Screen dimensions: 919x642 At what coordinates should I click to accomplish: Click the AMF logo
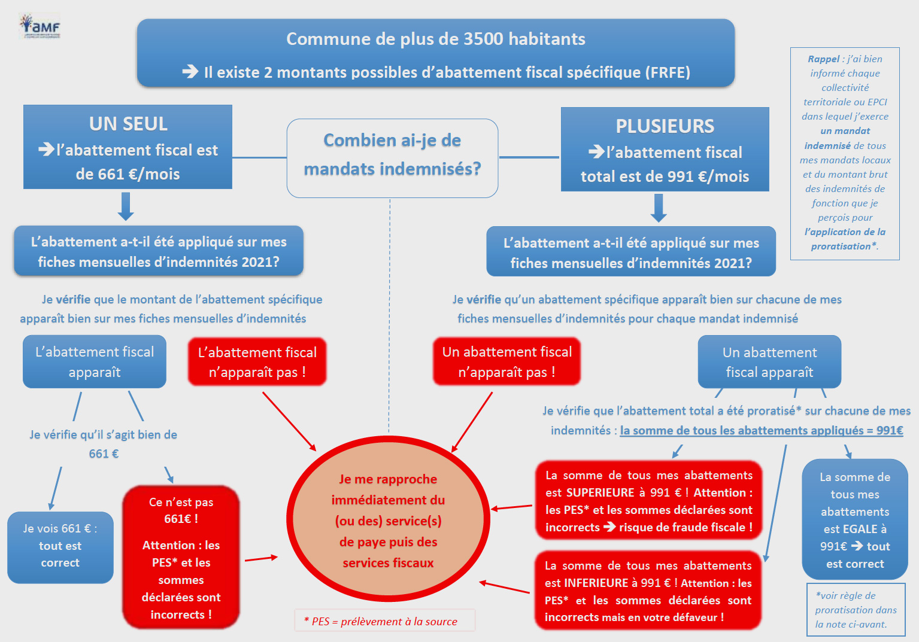[x=40, y=25]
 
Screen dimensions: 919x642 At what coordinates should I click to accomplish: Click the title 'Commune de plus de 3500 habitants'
[x=436, y=39]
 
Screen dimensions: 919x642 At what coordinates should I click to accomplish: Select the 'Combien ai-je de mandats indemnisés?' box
[x=392, y=158]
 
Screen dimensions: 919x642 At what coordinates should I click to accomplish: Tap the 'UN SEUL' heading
[x=128, y=123]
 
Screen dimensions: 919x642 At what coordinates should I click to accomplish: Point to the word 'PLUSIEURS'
[x=665, y=126]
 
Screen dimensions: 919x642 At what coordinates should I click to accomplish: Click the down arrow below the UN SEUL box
[x=126, y=206]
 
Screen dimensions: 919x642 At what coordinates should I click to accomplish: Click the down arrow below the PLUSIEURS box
[x=659, y=208]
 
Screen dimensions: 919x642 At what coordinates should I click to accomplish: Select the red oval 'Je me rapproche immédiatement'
[x=388, y=519]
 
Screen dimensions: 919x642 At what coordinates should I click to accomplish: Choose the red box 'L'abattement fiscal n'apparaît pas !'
[x=257, y=361]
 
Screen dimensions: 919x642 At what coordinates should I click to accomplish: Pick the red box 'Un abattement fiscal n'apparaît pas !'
[x=506, y=361]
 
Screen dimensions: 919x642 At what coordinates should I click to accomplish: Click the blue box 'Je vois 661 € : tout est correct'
[x=60, y=547]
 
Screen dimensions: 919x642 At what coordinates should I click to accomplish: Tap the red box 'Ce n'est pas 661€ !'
[x=181, y=557]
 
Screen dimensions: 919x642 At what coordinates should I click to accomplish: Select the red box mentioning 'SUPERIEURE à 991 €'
[x=648, y=501]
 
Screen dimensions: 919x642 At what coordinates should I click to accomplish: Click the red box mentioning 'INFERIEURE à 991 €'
[x=648, y=591]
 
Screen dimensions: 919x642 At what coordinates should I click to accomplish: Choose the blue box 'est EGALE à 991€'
[x=855, y=519]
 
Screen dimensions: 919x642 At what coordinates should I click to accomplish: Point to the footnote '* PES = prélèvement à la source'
[x=384, y=620]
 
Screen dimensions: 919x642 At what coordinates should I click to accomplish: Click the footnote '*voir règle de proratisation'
[x=856, y=610]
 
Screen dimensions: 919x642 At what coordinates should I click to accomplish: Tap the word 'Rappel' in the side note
[x=823, y=59]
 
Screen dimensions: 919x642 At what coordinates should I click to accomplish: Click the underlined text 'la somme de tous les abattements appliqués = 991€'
[x=762, y=430]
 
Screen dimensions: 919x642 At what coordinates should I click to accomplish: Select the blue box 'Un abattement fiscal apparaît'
[x=770, y=361]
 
